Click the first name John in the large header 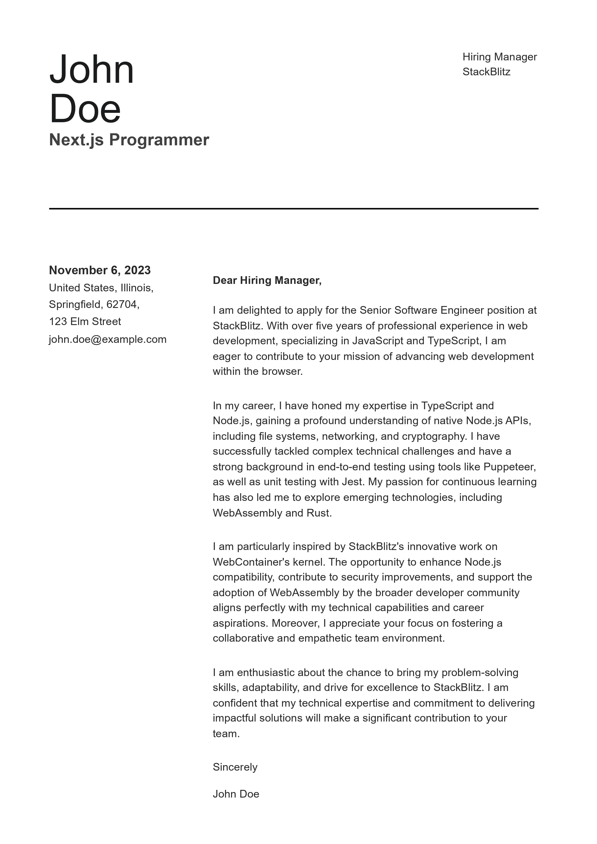(92, 70)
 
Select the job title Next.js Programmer (129, 140)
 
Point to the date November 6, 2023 (100, 270)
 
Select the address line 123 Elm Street (85, 321)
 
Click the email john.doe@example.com (108, 339)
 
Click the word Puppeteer (509, 467)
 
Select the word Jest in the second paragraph (352, 482)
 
